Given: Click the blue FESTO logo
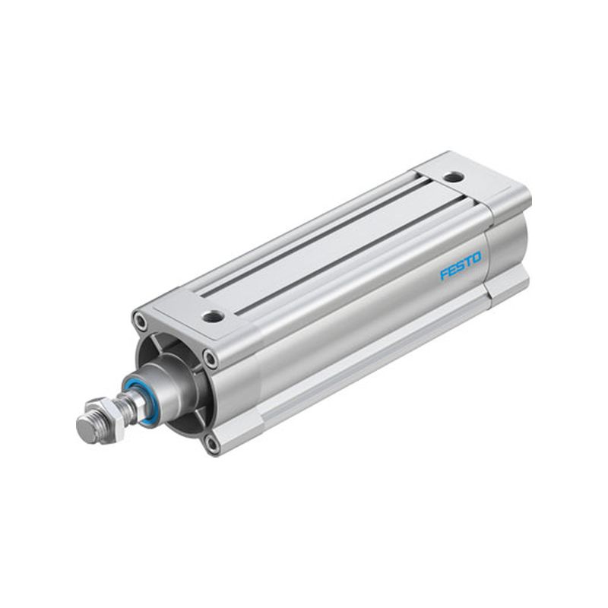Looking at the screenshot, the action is tap(461, 265).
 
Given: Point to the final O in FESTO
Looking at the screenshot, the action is tap(477, 258).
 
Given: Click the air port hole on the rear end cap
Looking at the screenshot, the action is tap(454, 177).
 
